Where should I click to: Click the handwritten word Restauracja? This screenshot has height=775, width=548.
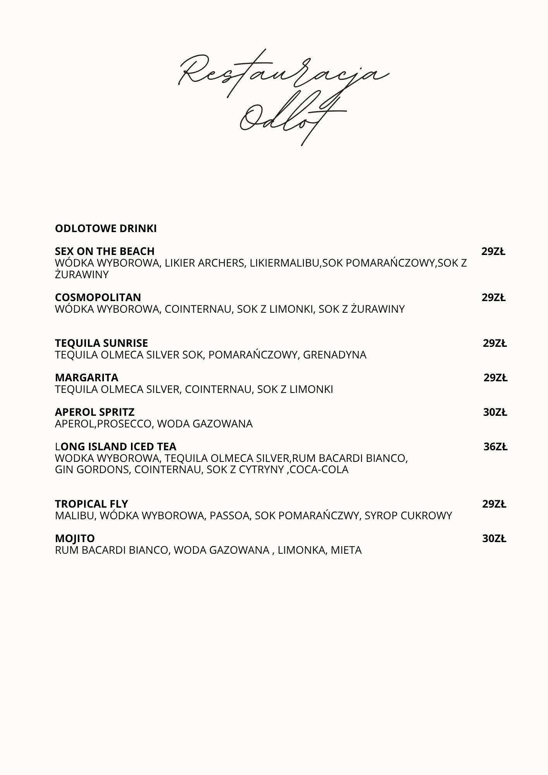point(283,74)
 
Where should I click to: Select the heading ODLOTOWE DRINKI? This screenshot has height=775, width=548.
point(106,229)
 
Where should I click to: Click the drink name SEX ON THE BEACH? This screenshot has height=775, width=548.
point(105,251)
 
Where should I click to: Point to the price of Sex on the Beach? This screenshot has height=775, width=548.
point(493,251)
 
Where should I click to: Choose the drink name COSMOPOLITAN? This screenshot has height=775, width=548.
point(98,297)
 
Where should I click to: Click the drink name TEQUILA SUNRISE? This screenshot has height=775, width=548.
point(102,343)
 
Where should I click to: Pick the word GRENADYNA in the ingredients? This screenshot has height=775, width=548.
point(334,355)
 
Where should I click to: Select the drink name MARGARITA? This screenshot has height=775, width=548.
point(87,377)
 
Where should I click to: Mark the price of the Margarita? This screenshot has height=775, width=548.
point(495,378)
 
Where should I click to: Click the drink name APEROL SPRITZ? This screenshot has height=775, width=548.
point(95,412)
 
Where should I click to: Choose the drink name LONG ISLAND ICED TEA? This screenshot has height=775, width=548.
point(115,446)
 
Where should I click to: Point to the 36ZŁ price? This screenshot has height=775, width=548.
point(495,447)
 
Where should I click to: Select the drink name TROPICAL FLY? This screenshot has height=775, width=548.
point(91,504)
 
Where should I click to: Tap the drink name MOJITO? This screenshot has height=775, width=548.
point(75,538)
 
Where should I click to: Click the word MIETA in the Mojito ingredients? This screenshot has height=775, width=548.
point(346,550)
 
